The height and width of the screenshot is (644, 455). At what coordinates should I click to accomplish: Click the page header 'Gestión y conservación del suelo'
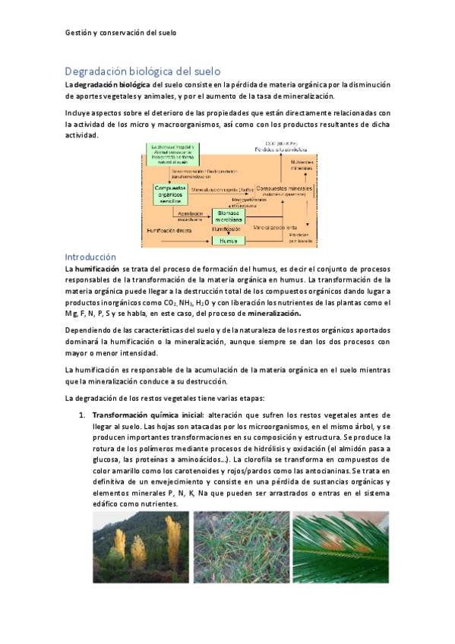tap(120, 33)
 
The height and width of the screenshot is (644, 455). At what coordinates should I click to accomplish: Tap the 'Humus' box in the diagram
tap(227, 240)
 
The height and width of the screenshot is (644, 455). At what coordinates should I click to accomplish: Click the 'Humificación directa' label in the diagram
tap(168, 228)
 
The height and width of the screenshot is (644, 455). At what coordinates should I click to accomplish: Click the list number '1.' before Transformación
tap(83, 415)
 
